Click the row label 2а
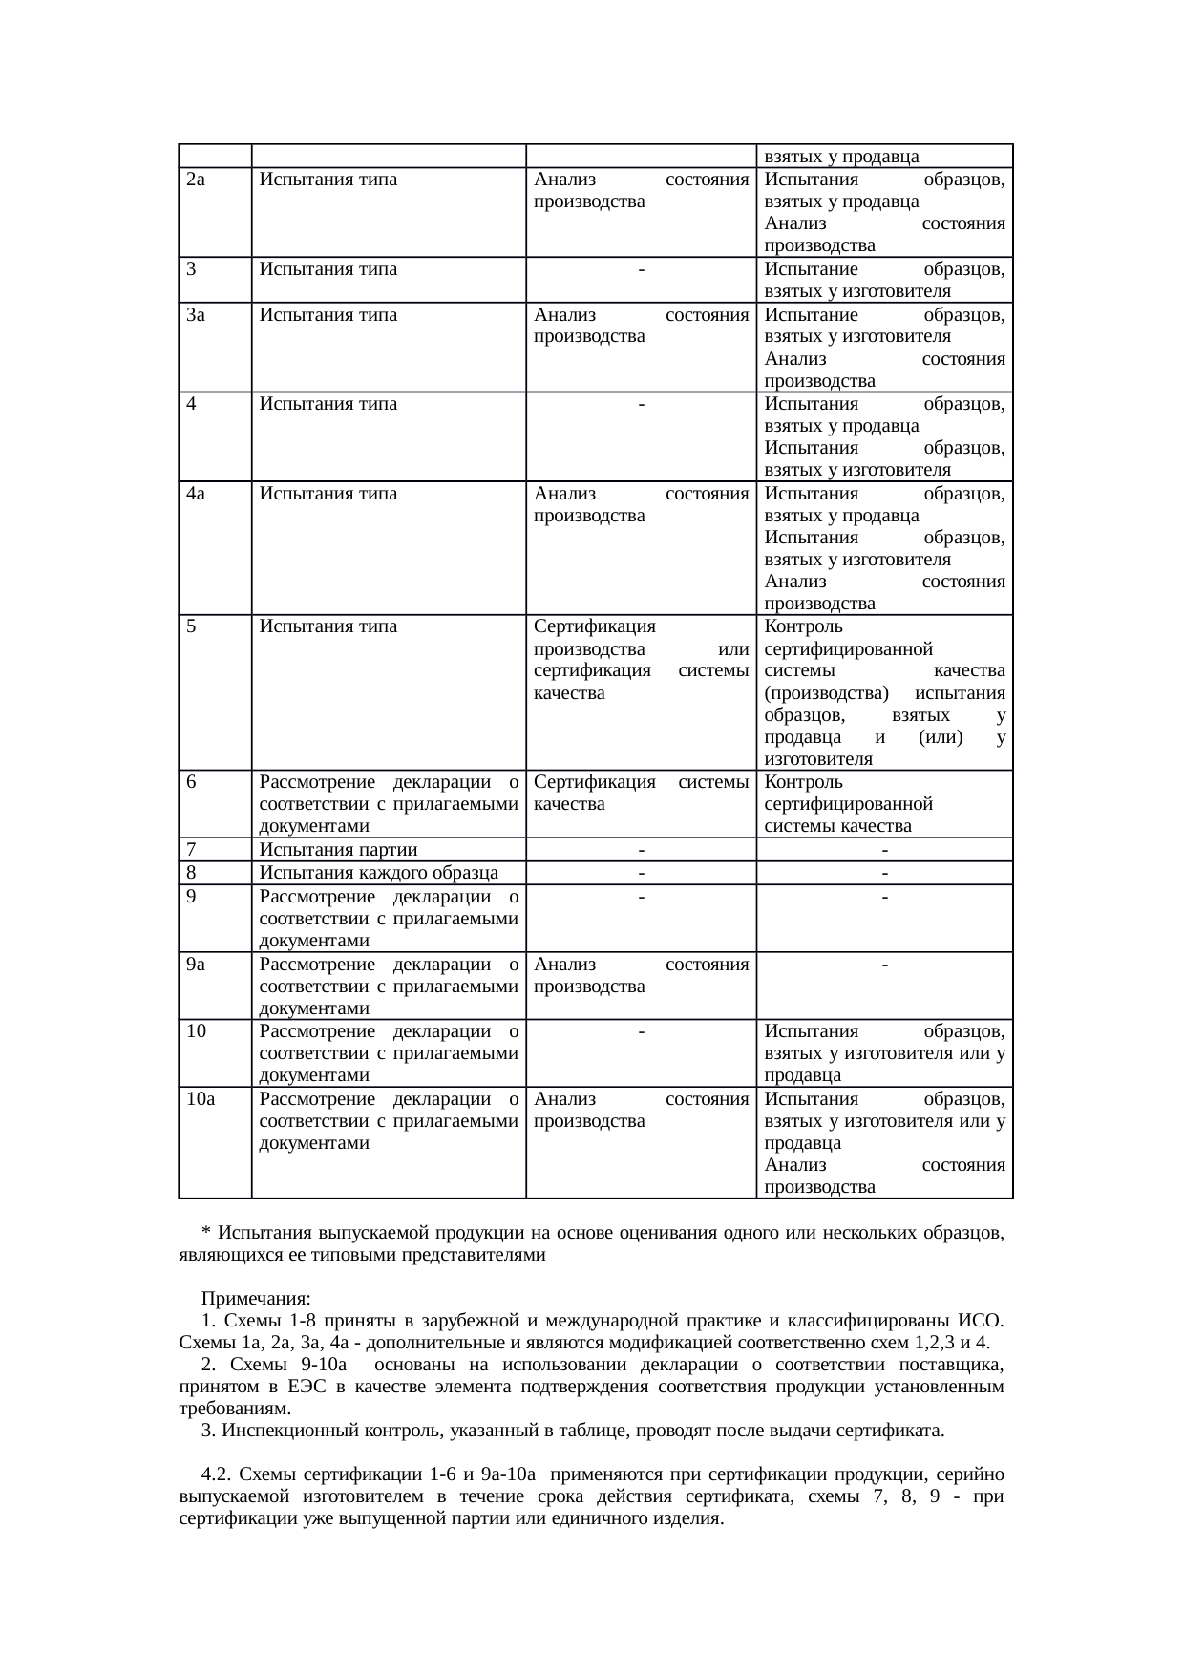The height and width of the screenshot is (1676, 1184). (x=197, y=180)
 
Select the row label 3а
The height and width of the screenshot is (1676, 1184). (x=197, y=314)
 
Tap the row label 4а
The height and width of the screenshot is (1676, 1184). (x=197, y=494)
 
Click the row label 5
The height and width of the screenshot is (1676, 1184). (x=192, y=626)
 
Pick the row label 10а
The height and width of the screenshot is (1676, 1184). (x=201, y=1098)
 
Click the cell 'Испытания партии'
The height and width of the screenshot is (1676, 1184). (x=338, y=850)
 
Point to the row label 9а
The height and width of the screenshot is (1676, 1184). (x=196, y=965)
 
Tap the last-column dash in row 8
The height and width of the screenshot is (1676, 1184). (x=885, y=873)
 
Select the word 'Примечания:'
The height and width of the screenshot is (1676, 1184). (x=256, y=1300)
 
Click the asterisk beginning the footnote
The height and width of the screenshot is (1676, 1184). (x=206, y=1233)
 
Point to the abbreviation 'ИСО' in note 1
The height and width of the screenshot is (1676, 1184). (x=980, y=1322)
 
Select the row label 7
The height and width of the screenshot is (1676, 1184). (x=192, y=850)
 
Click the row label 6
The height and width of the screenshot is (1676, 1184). (x=192, y=782)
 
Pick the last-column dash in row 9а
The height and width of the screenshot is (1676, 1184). (x=885, y=965)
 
